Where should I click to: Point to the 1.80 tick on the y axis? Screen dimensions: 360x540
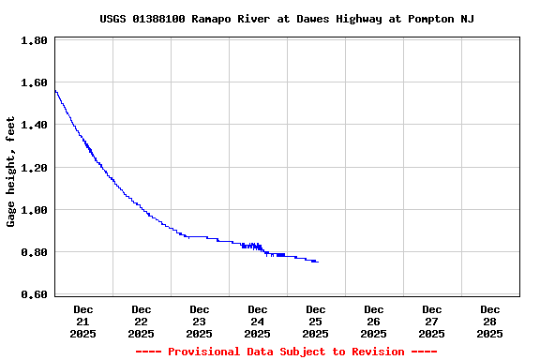point(35,41)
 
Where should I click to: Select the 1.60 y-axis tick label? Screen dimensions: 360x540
point(35,83)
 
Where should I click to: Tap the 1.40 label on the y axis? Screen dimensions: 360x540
point(35,126)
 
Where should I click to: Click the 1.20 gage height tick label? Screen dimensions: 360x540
point(35,168)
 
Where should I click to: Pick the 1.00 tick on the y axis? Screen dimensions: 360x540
point(35,210)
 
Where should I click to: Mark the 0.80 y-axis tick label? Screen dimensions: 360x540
point(35,252)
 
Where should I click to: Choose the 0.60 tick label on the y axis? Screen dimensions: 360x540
point(35,294)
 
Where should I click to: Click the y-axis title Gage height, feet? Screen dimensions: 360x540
point(11,172)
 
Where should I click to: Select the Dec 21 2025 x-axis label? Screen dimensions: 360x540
point(83,321)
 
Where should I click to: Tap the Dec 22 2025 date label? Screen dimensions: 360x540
point(142,321)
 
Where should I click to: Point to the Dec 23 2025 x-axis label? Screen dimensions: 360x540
point(200,321)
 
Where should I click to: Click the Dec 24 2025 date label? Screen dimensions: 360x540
point(258,321)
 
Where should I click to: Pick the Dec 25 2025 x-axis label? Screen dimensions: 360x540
point(316,321)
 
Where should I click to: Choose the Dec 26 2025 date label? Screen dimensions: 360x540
point(374,321)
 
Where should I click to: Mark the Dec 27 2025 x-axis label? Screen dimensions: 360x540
point(432,321)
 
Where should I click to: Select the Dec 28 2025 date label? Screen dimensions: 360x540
point(490,321)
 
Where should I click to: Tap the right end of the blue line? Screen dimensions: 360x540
point(317,262)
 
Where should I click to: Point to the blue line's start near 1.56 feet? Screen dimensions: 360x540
point(55,90)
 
